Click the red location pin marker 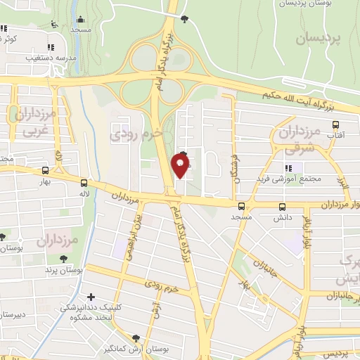coord(181,166)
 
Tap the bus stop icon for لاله coord(84,181)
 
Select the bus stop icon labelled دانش coord(282,207)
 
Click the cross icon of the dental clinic coord(90,297)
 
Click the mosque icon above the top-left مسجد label coord(80,20)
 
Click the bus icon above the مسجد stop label coord(241,206)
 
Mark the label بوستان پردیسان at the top coord(306,3)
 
